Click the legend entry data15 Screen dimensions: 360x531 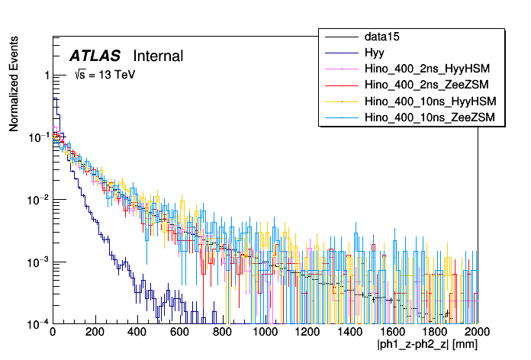point(381,37)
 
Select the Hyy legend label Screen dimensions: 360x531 point(375,53)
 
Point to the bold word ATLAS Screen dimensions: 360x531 point(95,56)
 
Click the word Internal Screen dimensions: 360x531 point(158,56)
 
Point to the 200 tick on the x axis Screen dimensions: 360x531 point(95,333)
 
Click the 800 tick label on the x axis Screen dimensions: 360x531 point(223,333)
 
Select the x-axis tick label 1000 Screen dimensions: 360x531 point(265,333)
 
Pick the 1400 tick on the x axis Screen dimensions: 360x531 point(350,333)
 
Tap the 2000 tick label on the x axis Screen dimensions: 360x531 point(478,333)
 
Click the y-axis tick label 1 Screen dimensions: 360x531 point(47,76)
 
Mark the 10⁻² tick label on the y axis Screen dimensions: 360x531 point(38,199)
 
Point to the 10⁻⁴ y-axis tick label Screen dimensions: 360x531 point(38,323)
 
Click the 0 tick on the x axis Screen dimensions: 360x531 point(53,333)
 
